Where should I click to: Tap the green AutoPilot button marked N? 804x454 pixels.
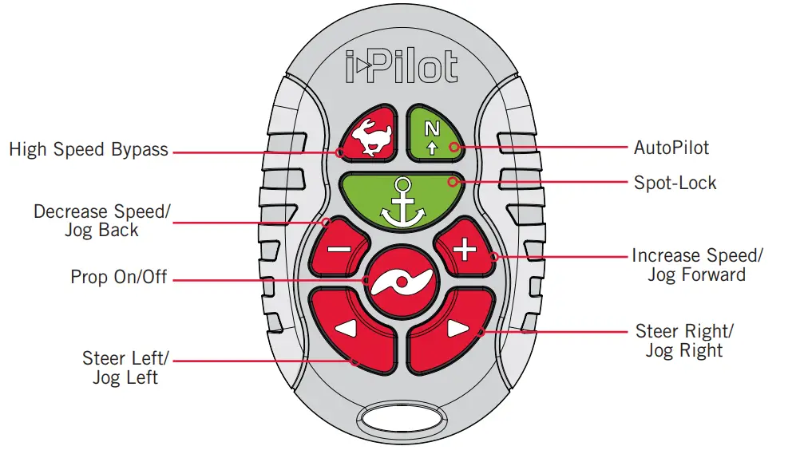point(434,134)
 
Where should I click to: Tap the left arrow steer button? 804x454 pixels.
point(351,329)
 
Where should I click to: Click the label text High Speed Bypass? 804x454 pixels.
point(89,149)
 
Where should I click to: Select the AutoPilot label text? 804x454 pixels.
point(671,148)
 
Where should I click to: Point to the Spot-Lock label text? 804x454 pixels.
point(675,183)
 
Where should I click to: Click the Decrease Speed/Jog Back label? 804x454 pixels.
point(101,221)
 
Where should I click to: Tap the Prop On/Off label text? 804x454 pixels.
point(119,277)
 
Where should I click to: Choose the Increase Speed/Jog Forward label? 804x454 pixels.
point(697,265)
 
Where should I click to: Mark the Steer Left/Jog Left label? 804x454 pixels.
point(125,367)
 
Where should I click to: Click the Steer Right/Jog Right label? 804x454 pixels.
point(684,341)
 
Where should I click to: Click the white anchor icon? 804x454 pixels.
point(401,200)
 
